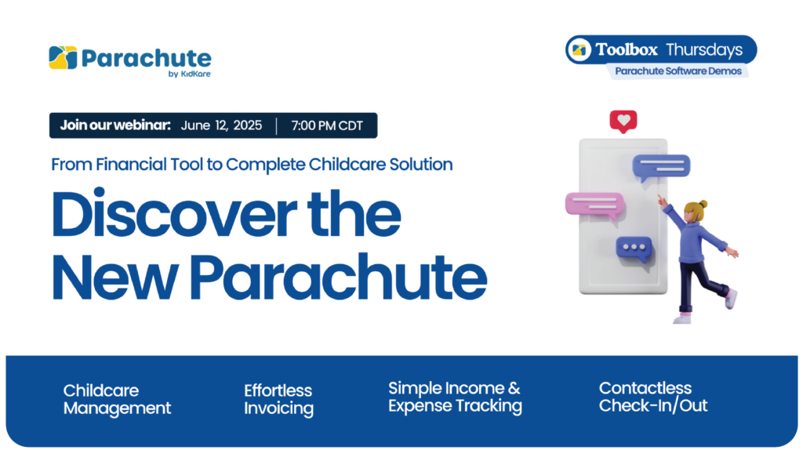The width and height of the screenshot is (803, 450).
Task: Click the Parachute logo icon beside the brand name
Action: [63, 58]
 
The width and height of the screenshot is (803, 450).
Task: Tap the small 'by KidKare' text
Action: [190, 74]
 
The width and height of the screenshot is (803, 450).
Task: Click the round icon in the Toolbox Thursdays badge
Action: [580, 49]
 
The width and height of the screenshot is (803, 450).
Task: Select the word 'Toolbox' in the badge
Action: [627, 49]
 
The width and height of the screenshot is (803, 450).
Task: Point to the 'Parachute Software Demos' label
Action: [678, 71]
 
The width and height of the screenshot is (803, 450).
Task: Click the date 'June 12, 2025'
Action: [221, 125]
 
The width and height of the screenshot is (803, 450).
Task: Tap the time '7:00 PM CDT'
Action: [327, 125]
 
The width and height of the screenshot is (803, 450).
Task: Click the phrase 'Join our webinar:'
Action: [115, 125]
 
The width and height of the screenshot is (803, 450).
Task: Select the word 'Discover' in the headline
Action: [174, 214]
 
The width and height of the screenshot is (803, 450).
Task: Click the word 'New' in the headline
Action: [115, 278]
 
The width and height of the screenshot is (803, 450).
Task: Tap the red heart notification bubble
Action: [623, 122]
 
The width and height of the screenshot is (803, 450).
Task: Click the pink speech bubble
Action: [595, 205]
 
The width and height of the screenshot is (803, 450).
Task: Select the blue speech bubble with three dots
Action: [634, 249]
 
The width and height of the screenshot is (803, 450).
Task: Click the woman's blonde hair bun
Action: [703, 205]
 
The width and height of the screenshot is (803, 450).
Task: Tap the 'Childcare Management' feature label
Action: [117, 399]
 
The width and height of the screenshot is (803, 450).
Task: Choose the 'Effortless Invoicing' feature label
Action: [278, 399]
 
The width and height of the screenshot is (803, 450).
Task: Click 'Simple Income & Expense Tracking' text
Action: [455, 397]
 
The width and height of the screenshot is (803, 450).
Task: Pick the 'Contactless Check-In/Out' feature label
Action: [653, 397]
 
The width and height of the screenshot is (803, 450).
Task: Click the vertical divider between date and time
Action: [277, 126]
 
